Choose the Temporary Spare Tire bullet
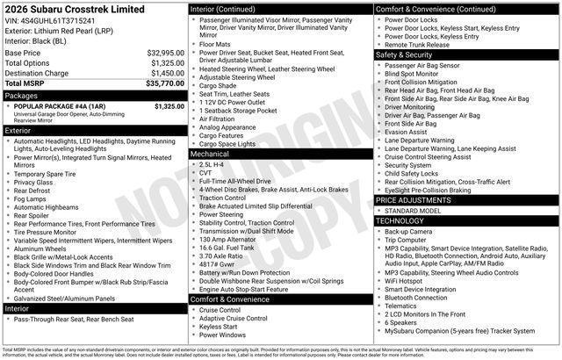pyautogui.click(x=50, y=174)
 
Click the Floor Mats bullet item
pyautogui.click(x=215, y=43)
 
